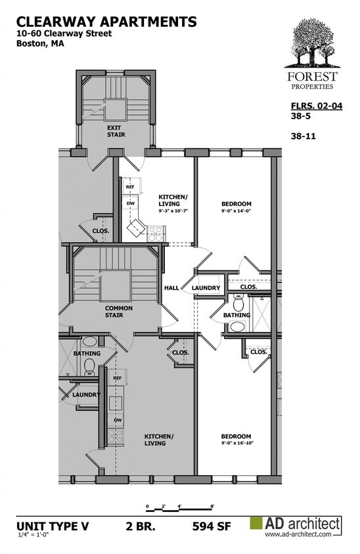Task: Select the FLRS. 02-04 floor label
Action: click(x=317, y=106)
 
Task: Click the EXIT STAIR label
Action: click(x=116, y=131)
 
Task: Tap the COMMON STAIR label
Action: click(x=119, y=312)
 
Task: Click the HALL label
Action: click(x=171, y=288)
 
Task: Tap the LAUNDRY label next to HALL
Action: click(x=206, y=288)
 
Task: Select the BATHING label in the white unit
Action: click(x=236, y=315)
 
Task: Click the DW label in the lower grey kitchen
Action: click(x=117, y=420)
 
